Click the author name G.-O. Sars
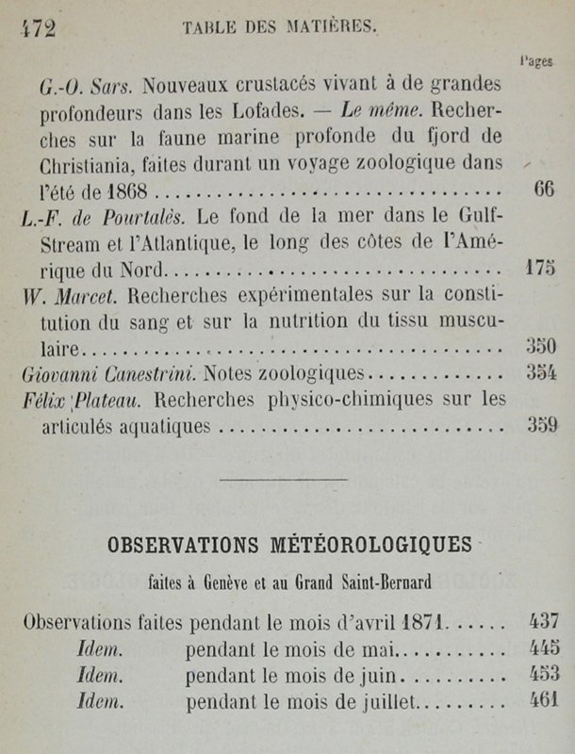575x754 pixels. click(x=90, y=86)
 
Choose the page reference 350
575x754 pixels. click(x=541, y=345)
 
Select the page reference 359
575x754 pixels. click(x=542, y=425)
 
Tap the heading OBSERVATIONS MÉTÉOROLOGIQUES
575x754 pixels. click(x=287, y=545)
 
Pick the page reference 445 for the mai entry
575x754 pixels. click(x=544, y=648)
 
